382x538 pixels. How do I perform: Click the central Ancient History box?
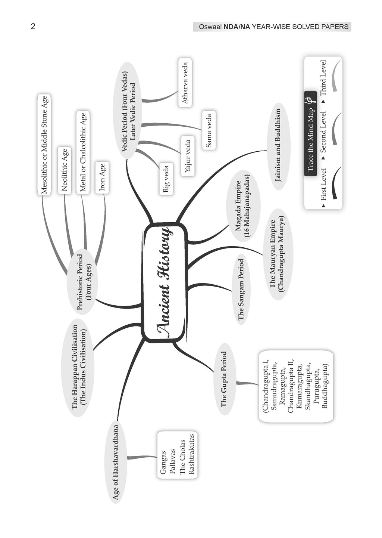(x=165, y=282)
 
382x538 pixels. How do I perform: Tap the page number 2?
(x=33, y=27)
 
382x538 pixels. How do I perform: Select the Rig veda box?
(x=166, y=179)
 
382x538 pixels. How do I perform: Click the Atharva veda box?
(x=185, y=83)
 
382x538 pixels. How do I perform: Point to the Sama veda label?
(x=209, y=130)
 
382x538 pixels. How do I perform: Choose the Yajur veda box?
(x=188, y=156)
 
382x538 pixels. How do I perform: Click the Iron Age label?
(x=102, y=177)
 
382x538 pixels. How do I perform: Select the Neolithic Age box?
(x=65, y=170)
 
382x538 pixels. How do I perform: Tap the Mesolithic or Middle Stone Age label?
(x=44, y=145)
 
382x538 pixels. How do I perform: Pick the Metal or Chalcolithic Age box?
(x=83, y=152)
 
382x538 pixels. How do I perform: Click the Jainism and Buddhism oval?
(x=278, y=145)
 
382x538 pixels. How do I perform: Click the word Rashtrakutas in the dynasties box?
(x=191, y=454)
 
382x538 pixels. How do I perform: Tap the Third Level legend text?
(x=323, y=77)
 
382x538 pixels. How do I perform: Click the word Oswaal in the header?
(x=210, y=27)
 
